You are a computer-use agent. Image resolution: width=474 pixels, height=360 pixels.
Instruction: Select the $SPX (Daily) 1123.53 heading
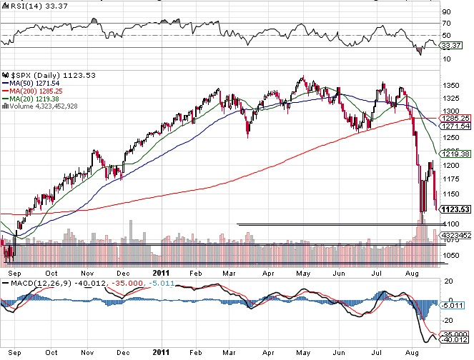point(49,75)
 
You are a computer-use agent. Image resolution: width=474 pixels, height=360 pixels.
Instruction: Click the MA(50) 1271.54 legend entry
point(36,84)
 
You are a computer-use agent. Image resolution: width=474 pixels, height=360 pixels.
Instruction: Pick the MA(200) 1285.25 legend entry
point(38,91)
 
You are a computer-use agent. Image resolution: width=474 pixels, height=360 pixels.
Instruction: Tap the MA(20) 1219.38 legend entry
point(36,99)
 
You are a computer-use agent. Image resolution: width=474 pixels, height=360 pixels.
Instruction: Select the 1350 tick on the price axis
point(451,86)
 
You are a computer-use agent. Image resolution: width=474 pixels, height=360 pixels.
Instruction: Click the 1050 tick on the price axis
point(451,255)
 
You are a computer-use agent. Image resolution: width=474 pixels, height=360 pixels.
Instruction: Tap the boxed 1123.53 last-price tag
point(455,209)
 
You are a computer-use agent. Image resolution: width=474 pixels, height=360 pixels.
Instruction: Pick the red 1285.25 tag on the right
point(455,118)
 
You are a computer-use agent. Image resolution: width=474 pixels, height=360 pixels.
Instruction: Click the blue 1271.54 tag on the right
point(455,126)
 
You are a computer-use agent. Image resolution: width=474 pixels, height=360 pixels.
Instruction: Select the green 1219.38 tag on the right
point(455,154)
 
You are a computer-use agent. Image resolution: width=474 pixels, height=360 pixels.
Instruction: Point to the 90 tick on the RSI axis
point(446,11)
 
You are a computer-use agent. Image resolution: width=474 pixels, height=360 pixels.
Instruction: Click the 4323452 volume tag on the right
point(455,235)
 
